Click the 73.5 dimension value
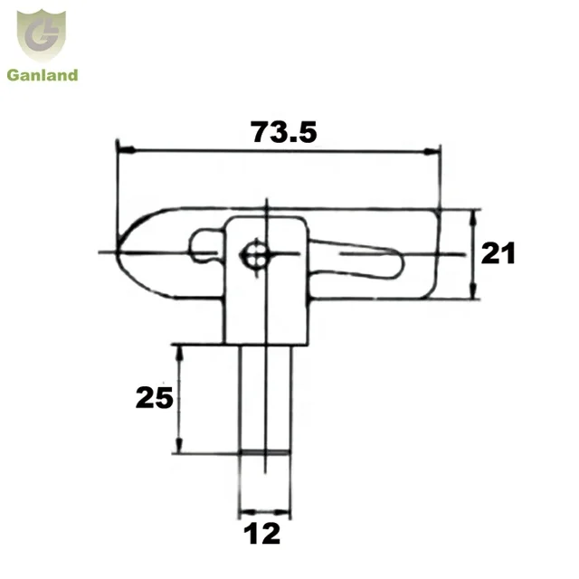pos(283,133)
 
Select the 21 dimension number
pos(498,254)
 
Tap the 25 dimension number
pos(154,397)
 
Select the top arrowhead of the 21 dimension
pos(474,214)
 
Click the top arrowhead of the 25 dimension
pos(179,349)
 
